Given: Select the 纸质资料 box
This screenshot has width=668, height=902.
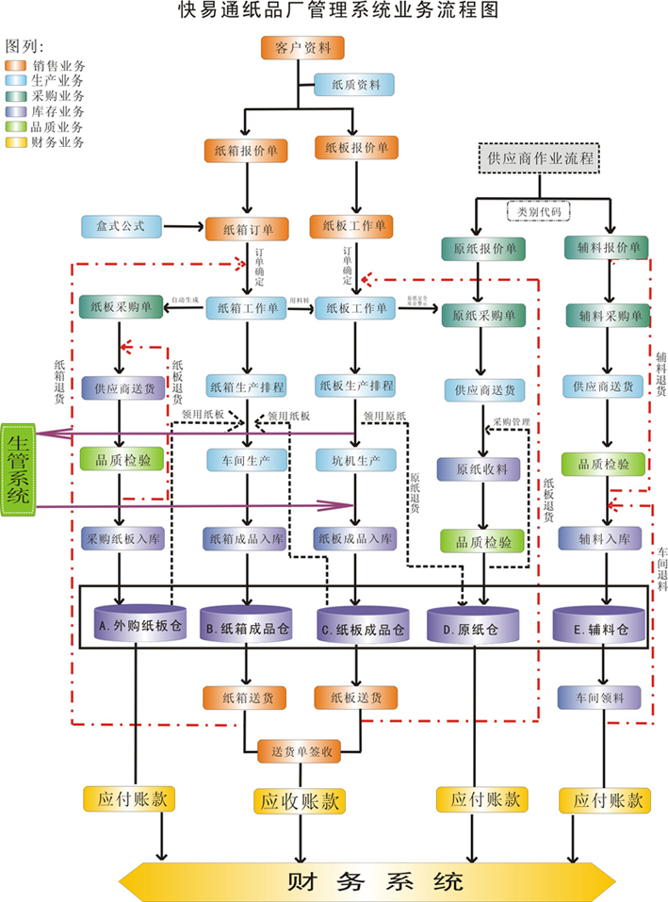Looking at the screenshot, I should pos(353,84).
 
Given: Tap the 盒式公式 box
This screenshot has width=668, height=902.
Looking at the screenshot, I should pos(122,226).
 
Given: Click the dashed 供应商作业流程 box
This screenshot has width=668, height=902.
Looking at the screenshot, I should pos(541,157).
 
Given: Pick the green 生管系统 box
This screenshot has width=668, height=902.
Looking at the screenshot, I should pos(17,470).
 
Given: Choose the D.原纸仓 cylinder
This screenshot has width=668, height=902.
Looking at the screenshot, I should pos(473,624).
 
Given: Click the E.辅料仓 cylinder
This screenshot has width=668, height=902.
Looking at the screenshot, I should pos(603,624).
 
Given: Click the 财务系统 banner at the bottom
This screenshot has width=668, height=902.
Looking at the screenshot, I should pos(374,882).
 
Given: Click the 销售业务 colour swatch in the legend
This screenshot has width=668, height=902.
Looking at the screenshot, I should pos(17,66).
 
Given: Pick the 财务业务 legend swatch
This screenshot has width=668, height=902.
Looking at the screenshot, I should pos(17,142).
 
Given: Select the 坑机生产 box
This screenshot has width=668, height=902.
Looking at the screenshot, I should pos(354,459).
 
